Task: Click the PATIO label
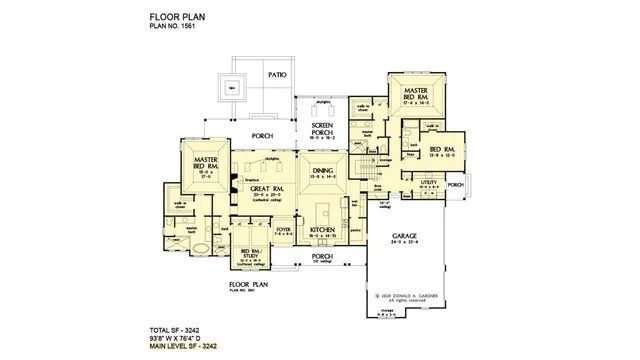click(277, 74)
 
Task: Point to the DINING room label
click(321, 172)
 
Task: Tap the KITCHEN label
click(321, 230)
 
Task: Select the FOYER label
click(284, 229)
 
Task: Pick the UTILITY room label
click(428, 184)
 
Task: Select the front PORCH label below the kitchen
click(321, 256)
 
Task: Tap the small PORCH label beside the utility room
click(455, 185)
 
